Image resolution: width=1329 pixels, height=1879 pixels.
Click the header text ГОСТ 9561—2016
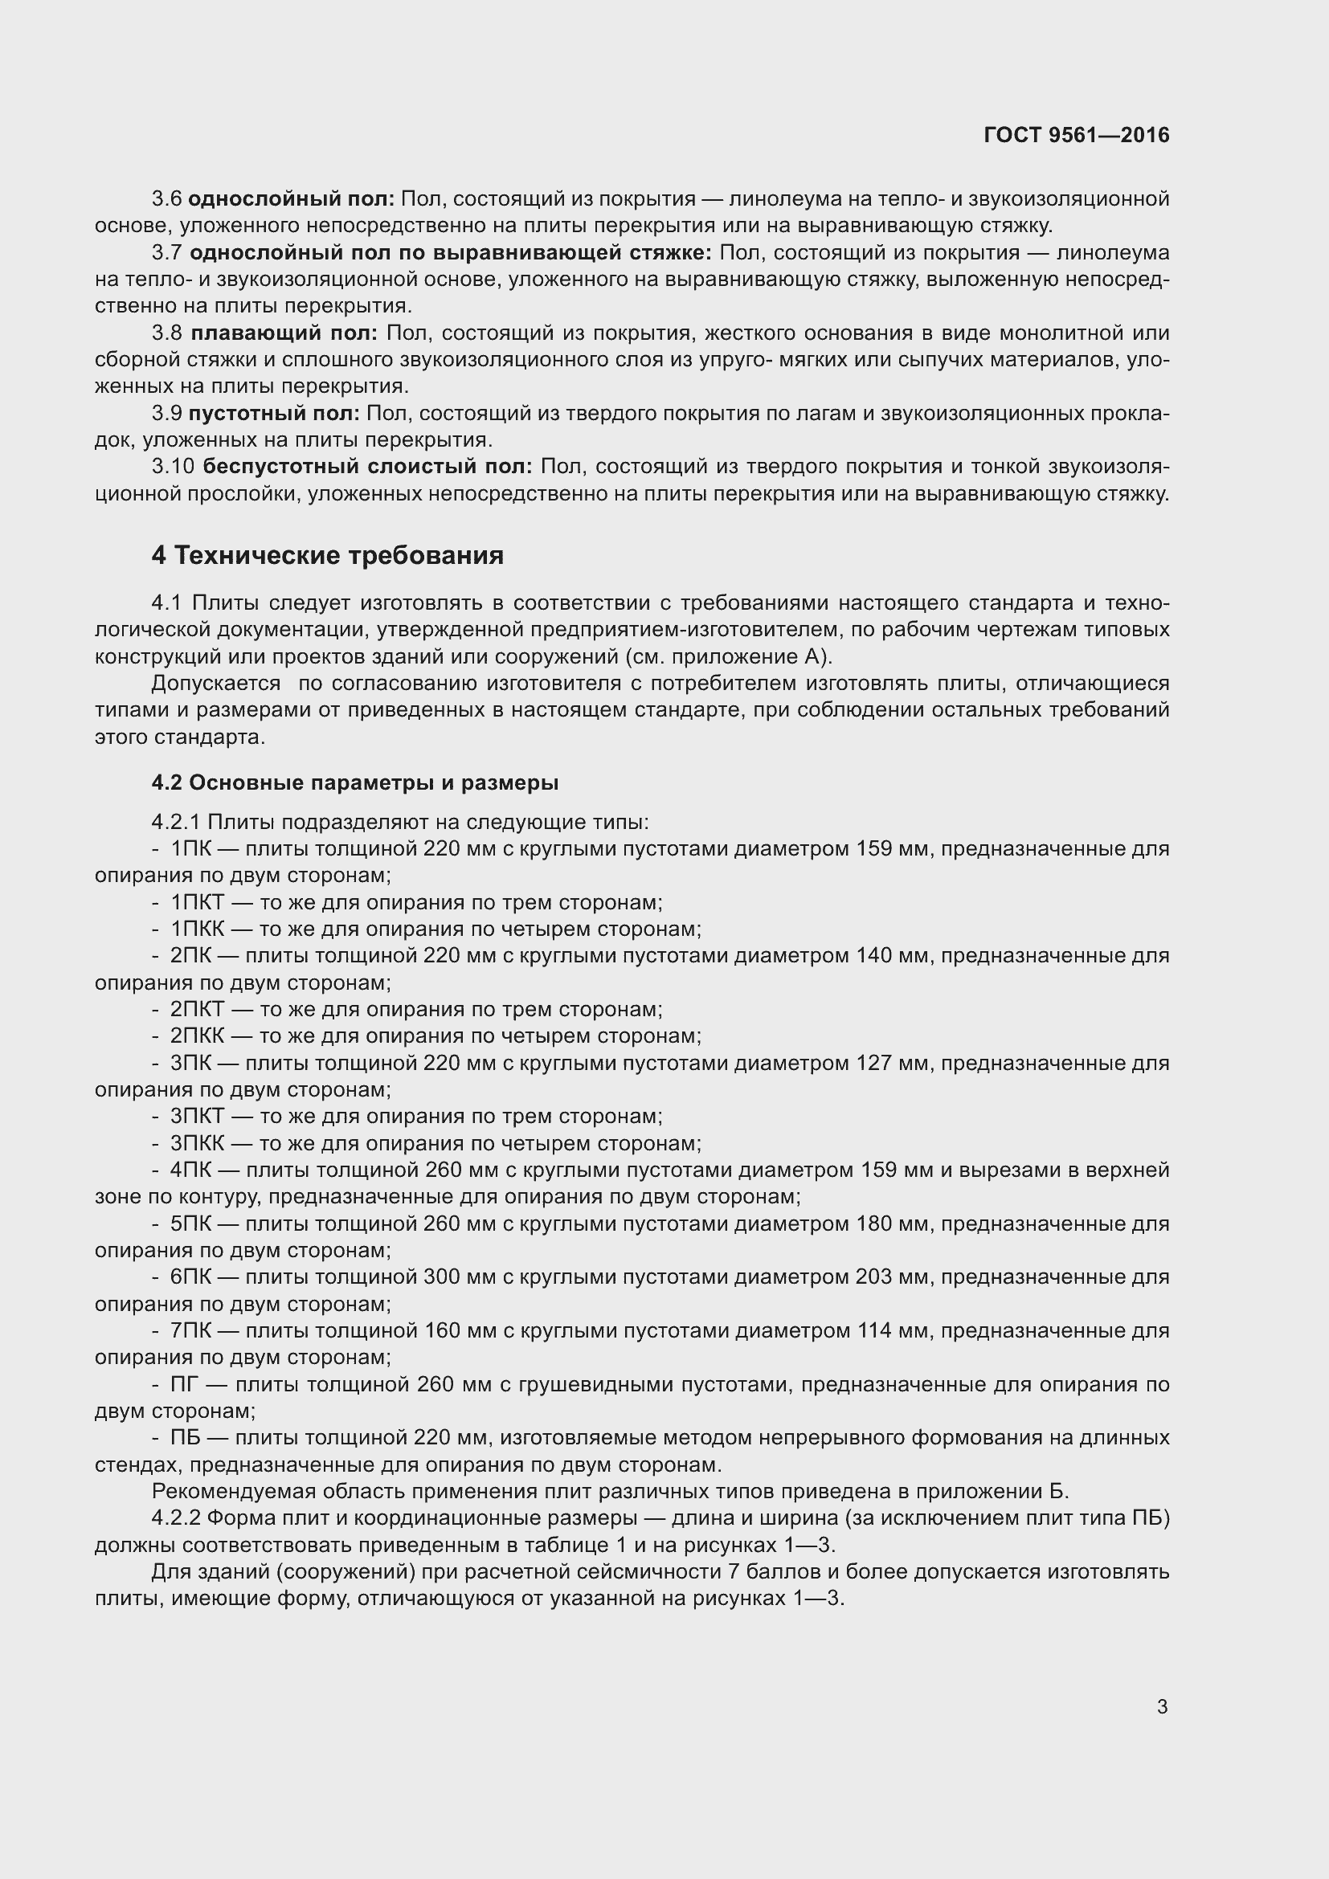point(1076,135)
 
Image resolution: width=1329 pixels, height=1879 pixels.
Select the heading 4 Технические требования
point(327,556)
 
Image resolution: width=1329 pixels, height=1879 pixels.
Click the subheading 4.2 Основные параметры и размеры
point(355,783)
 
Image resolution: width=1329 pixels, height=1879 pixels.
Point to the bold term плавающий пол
point(283,333)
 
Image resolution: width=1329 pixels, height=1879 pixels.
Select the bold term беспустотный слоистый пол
point(366,467)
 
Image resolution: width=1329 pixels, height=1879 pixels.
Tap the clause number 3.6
point(166,199)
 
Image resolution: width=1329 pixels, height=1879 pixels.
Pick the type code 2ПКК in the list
point(196,1036)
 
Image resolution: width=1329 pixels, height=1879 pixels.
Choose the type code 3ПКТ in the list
point(196,1117)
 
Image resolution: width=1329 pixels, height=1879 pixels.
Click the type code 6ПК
point(190,1276)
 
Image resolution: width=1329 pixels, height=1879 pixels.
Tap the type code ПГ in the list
point(184,1385)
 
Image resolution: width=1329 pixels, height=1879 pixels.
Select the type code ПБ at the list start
point(184,1438)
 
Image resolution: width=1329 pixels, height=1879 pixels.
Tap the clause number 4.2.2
point(176,1518)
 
